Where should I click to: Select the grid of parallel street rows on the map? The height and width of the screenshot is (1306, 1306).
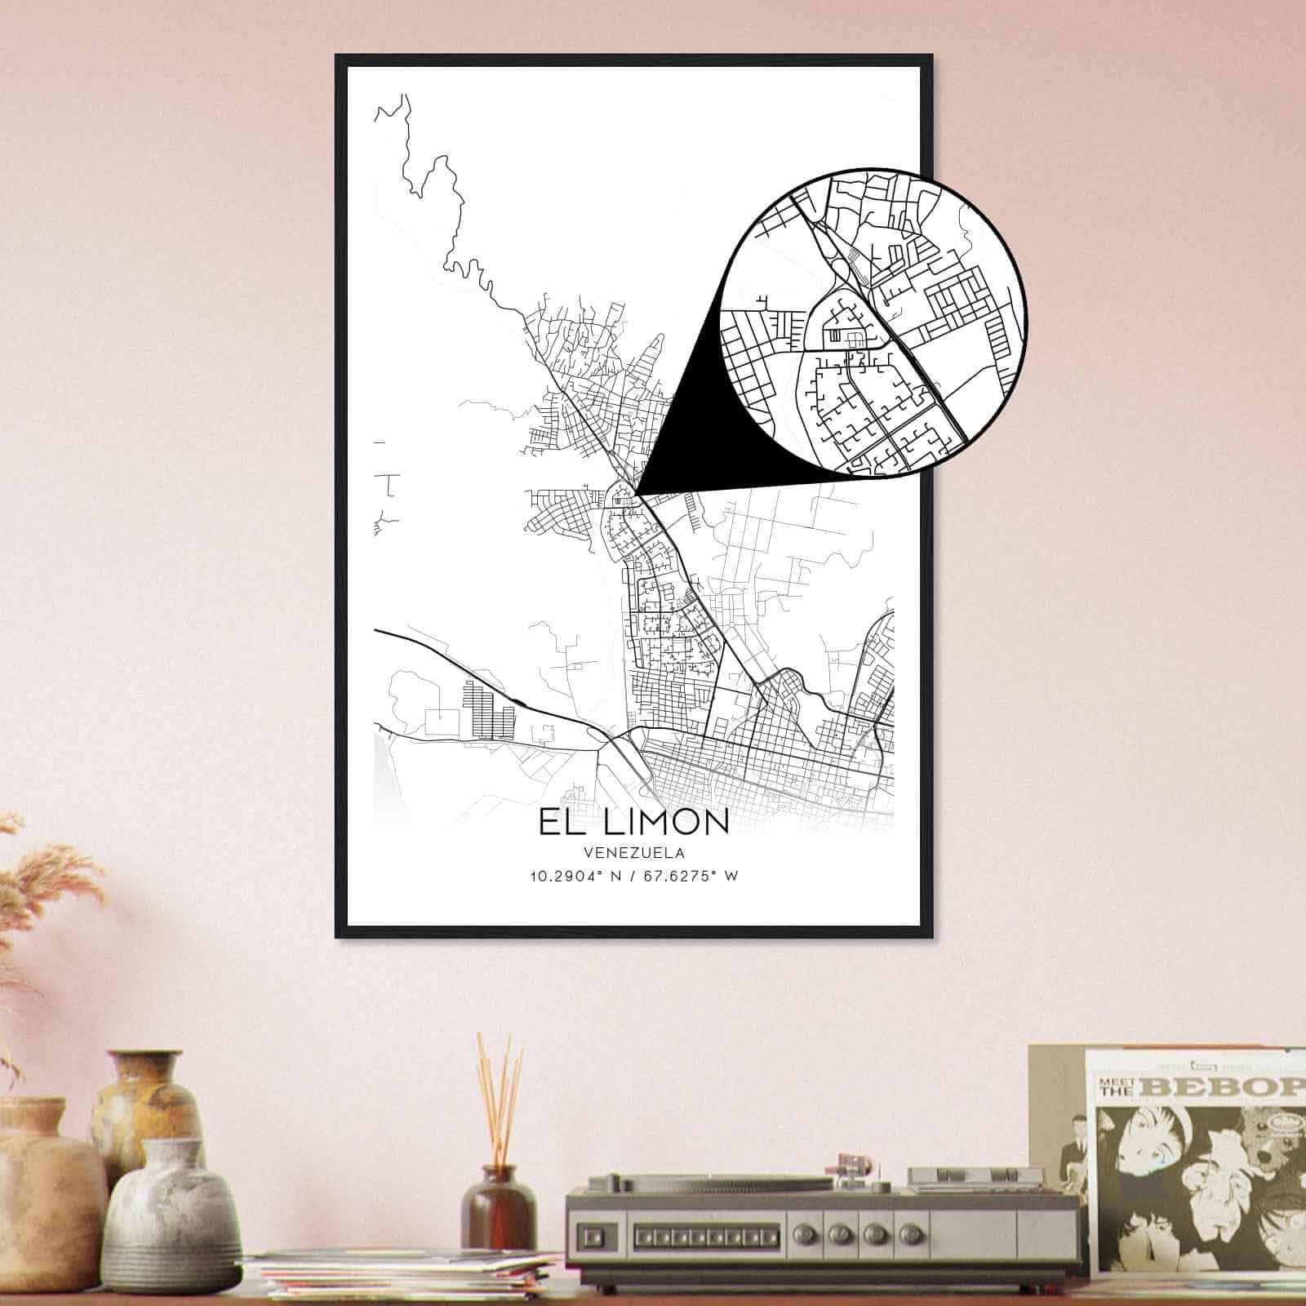tap(488, 709)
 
